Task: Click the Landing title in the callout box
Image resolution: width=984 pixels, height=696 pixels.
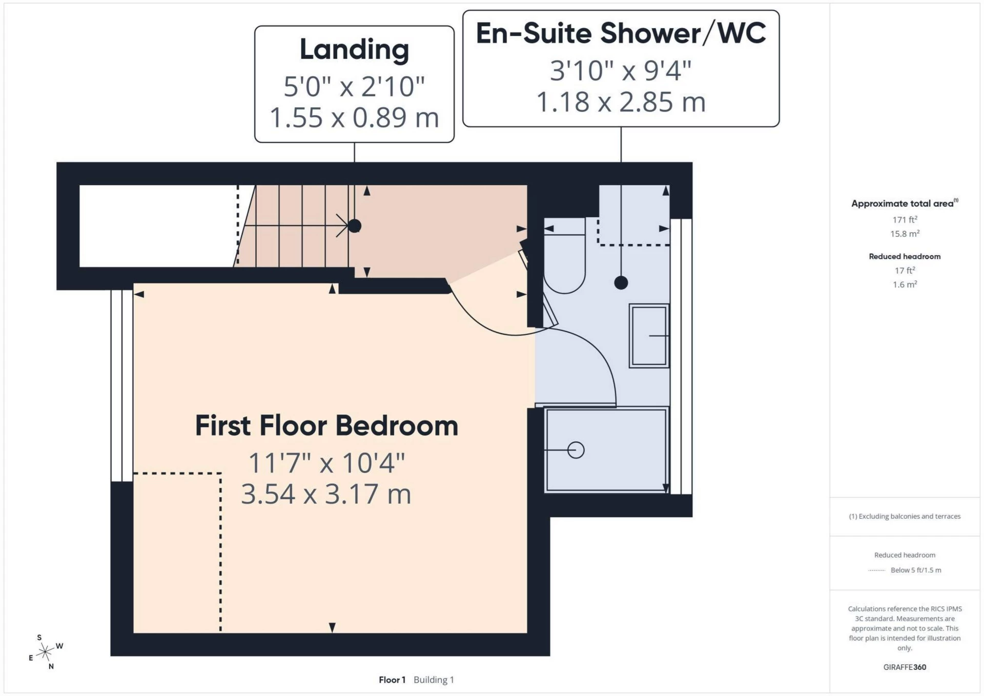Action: (x=354, y=50)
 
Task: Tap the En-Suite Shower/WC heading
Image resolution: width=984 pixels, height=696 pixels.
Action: (x=621, y=33)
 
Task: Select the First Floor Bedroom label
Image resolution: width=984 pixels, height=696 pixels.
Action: (x=326, y=426)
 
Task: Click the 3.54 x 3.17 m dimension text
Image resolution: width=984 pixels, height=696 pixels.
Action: (x=326, y=494)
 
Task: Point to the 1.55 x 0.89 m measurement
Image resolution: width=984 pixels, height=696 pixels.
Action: (x=354, y=117)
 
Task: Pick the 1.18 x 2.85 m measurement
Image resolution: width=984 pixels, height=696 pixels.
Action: (x=621, y=102)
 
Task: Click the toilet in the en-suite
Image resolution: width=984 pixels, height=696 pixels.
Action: (x=564, y=256)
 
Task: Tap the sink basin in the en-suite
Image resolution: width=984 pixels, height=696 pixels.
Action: (x=649, y=336)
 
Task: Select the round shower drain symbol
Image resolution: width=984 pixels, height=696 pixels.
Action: (x=576, y=450)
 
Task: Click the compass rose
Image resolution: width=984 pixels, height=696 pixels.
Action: (x=46, y=652)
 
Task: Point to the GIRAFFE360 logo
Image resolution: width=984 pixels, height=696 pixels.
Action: (x=905, y=667)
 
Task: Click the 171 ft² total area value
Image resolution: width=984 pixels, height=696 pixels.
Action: (x=905, y=219)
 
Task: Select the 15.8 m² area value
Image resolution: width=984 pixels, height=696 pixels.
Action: (x=905, y=234)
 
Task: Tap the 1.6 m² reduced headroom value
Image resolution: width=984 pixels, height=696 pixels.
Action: (x=905, y=284)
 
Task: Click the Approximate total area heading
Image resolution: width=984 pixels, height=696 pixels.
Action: (x=905, y=203)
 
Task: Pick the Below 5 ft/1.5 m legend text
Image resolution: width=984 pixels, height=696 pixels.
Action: (x=916, y=570)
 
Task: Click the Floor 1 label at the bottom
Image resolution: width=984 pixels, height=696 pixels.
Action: (x=392, y=680)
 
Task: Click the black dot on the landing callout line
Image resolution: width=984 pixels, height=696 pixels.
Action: (x=354, y=226)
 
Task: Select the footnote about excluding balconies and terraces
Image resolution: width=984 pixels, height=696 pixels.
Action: (x=905, y=516)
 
